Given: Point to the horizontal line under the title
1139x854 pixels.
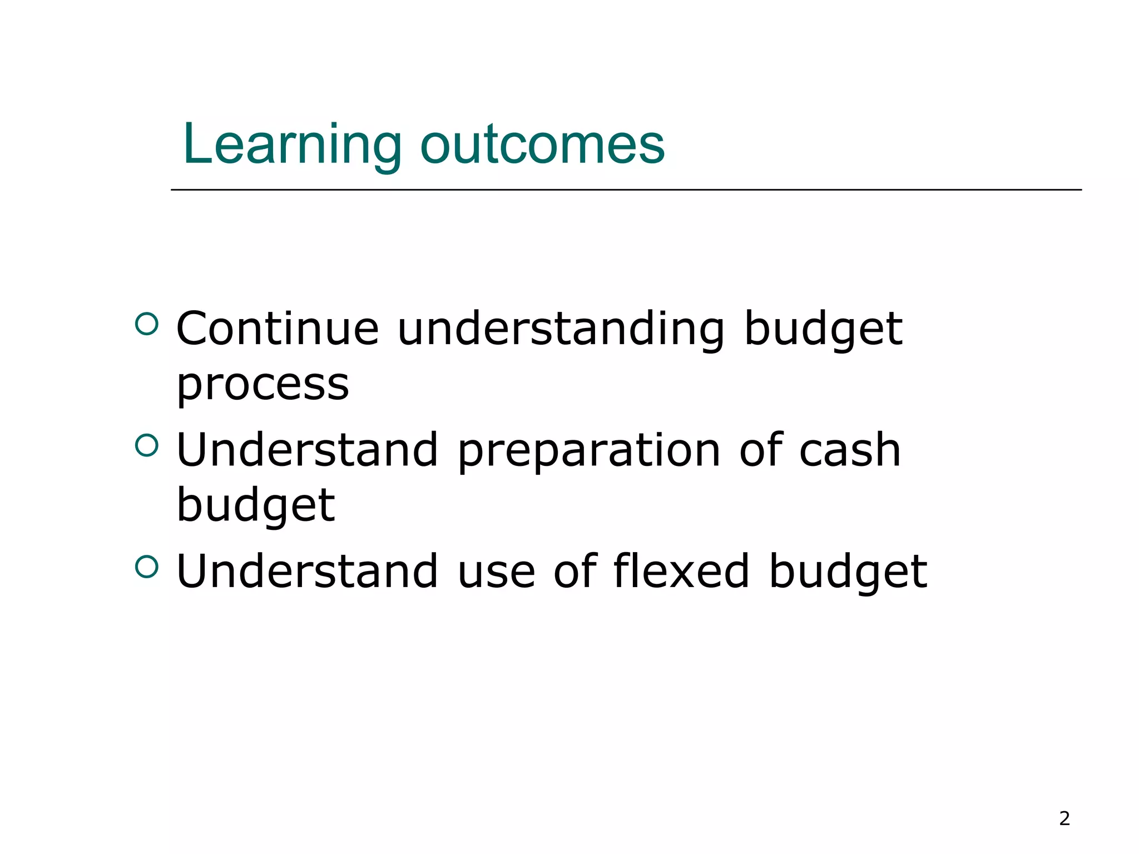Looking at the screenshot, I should point(626,190).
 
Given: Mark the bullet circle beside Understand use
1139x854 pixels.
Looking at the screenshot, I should point(147,567).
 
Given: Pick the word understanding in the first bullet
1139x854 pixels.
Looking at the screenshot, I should point(561,329).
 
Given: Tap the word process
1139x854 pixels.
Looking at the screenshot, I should point(263,385).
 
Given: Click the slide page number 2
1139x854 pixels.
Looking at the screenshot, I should point(1064,818).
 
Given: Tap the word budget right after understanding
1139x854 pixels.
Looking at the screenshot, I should point(823,329).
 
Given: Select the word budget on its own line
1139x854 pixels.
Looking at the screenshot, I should point(255,505).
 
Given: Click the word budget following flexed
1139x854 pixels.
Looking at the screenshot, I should point(848,572).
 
